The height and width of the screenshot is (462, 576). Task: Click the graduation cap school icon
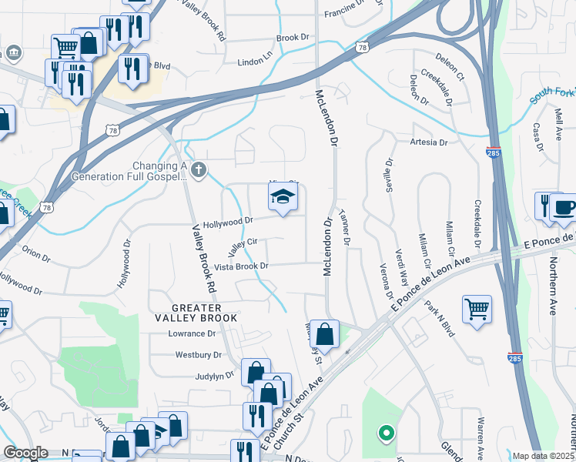[283, 198]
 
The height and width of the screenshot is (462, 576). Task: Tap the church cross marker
[199, 169]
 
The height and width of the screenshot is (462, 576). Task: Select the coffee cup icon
[564, 207]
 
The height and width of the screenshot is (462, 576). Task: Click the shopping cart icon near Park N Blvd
[477, 309]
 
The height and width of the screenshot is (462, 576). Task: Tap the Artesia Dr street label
[429, 142]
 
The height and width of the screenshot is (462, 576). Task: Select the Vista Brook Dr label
[241, 266]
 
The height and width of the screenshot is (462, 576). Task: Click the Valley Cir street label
[241, 247]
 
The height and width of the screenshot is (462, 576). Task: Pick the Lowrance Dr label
[192, 334]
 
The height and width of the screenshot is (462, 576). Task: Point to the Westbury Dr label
[198, 355]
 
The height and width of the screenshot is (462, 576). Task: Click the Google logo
[26, 453]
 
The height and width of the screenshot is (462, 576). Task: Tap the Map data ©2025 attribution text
[543, 456]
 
